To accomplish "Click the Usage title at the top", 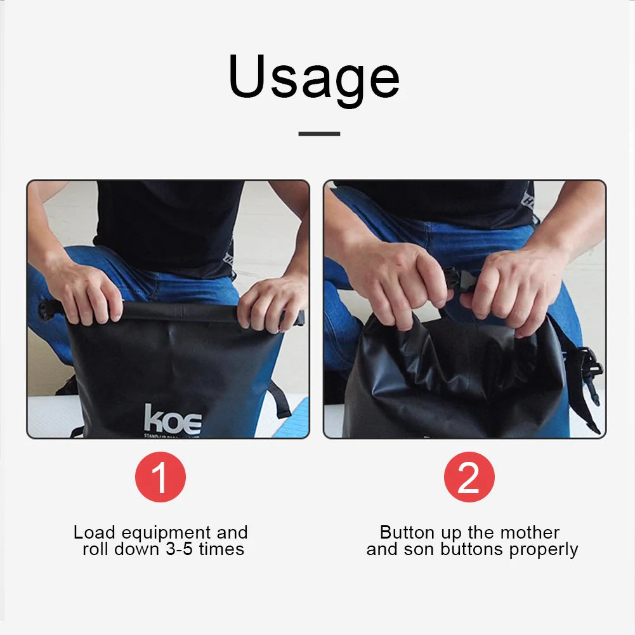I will click(x=314, y=77).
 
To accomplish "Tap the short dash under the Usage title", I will click(x=319, y=134).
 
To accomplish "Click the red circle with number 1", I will click(x=160, y=477).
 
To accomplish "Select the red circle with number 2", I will click(x=469, y=477).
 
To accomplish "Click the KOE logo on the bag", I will click(x=173, y=421).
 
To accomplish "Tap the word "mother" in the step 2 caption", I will click(x=528, y=533).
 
